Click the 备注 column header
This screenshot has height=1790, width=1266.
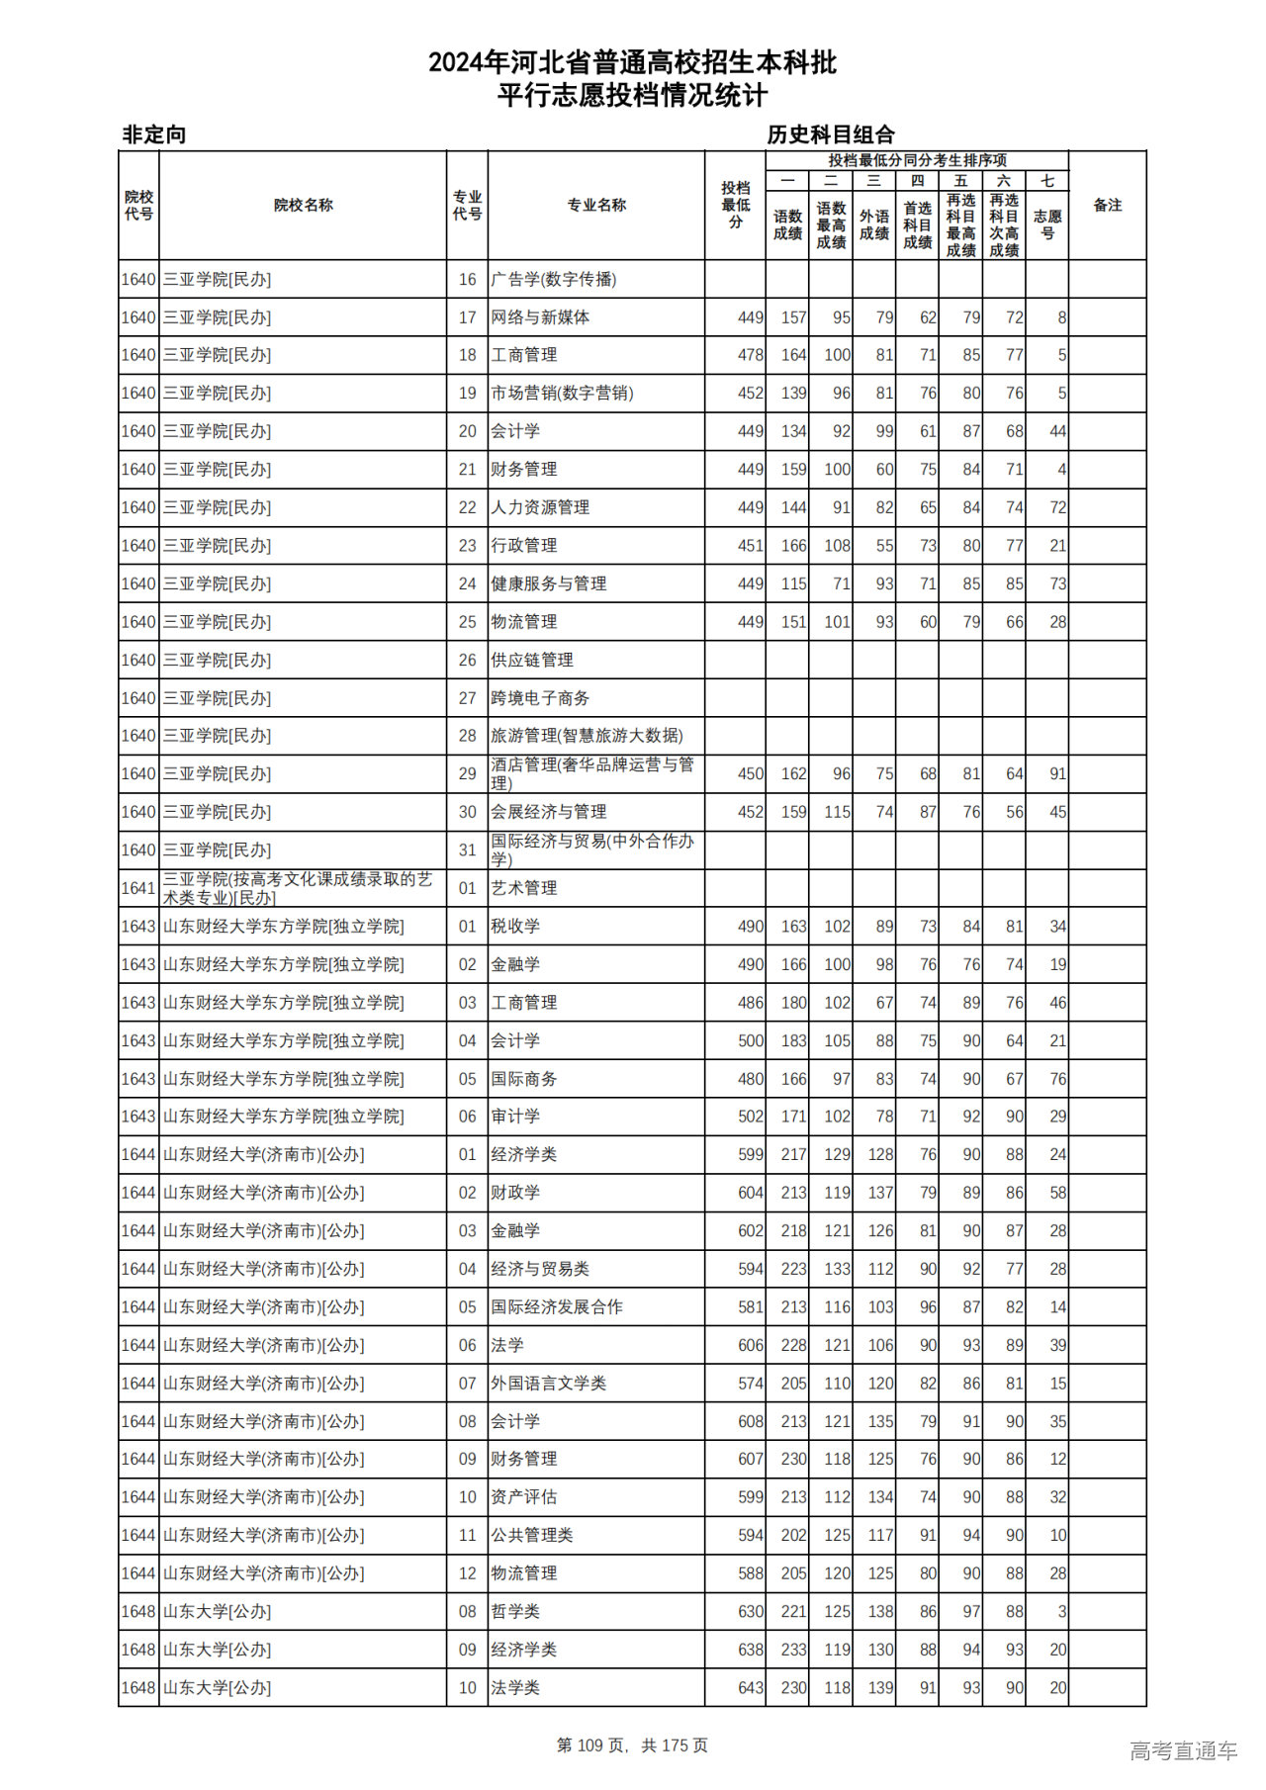pos(1107,206)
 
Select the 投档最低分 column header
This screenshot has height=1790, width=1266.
pos(735,206)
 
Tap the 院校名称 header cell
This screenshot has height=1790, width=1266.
pos(303,206)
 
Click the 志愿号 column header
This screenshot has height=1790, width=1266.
pos(1046,224)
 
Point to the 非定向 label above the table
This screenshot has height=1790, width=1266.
pos(154,134)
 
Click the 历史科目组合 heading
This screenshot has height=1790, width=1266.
pos(831,134)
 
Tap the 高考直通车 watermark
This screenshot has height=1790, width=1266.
pos(1183,1750)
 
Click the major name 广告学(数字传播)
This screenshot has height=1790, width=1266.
pos(554,280)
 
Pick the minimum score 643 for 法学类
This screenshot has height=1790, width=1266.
pos(751,1688)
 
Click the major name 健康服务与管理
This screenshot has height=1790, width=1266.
pos(549,584)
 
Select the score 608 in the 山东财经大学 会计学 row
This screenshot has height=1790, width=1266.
pos(751,1422)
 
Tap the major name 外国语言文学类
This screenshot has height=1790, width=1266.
pos(549,1384)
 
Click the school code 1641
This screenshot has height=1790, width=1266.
pos(138,888)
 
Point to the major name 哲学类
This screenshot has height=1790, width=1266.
pos(515,1612)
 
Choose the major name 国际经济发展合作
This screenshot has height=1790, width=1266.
pos(557,1307)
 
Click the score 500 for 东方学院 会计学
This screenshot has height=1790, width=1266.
pos(751,1041)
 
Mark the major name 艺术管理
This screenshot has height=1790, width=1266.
pos(524,888)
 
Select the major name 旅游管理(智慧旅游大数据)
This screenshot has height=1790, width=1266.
pos(587,736)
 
